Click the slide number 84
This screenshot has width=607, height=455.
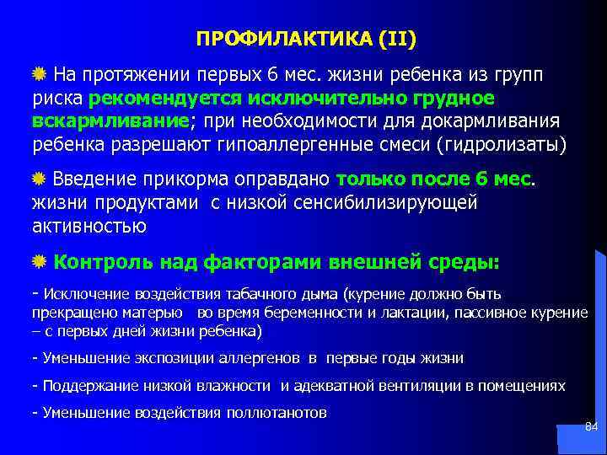coord(591,428)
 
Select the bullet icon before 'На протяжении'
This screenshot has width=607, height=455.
coord(39,74)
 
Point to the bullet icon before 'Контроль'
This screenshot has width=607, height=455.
coord(39,262)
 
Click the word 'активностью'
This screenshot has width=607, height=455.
coord(89,226)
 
